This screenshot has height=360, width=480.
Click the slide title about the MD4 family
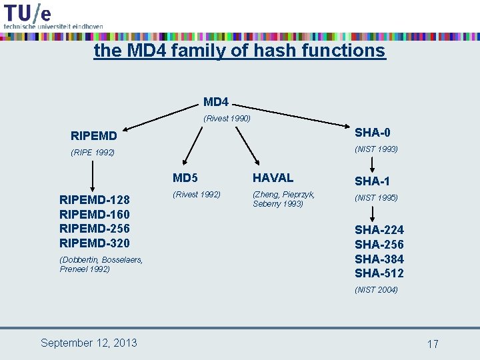pos(239,51)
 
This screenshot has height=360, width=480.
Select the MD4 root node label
pos(216,102)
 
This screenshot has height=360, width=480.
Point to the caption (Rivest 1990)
pos(227,119)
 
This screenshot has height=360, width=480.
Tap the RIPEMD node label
pos(94,136)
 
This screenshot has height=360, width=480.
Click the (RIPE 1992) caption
pos(93,153)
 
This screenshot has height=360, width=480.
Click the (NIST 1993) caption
pos(376,149)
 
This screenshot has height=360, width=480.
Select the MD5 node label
pos(185,178)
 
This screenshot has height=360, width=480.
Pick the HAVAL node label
pos(273,178)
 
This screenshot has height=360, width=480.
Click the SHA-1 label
pos(373,181)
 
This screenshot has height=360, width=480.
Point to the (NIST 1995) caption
pos(376,198)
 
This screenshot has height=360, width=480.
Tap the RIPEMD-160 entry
pos(95,214)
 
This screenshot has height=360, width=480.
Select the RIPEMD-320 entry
pos(95,243)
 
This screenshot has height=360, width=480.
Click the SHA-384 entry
pos(379,259)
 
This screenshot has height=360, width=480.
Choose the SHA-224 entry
pos(379,229)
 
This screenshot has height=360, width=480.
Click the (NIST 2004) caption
pos(376,289)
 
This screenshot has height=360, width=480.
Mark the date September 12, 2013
pos(89,343)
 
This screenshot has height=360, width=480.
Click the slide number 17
pos(433,344)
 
